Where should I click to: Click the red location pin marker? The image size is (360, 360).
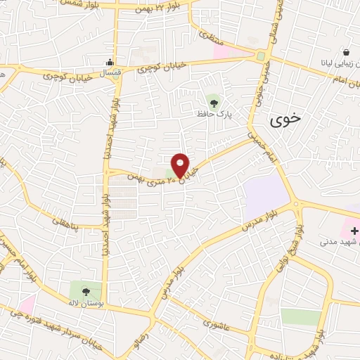click(x=181, y=165)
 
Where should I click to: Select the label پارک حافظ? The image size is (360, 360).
click(x=215, y=113)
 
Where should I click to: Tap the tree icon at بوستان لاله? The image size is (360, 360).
click(x=86, y=290)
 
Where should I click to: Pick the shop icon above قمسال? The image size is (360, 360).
click(x=108, y=62)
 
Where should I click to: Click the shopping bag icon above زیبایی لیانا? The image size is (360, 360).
click(x=347, y=52)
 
